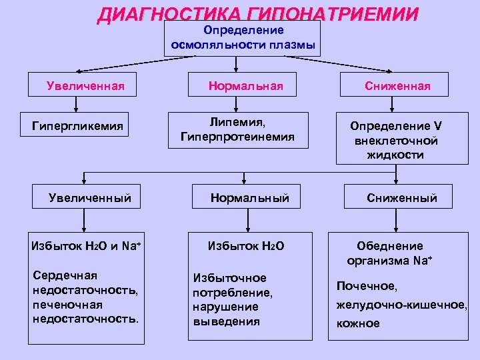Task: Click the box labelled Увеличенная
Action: click(87, 85)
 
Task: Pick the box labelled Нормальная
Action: click(245, 85)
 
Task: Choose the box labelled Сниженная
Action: click(397, 85)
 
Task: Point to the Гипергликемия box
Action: click(77, 125)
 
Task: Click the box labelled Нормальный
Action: click(249, 197)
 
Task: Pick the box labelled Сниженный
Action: click(402, 197)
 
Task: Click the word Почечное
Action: click(367, 286)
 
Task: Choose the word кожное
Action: click(358, 323)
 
